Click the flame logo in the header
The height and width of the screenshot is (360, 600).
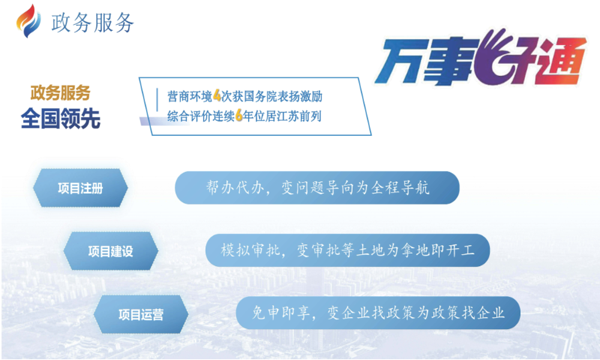pos(28,22)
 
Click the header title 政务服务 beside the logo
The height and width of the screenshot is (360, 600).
pos(92,22)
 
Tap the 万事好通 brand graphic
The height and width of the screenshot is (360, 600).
pos(481,58)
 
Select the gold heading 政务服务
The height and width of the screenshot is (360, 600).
pos(61,93)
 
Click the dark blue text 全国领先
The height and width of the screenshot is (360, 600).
pos(61,118)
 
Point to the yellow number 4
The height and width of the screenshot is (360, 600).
pos(217,96)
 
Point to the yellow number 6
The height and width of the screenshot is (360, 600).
pos(239,115)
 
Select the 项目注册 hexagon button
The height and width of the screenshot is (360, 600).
pos(80,187)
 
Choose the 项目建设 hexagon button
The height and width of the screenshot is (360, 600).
pos(110,251)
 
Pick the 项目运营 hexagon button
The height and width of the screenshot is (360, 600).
pos(141,314)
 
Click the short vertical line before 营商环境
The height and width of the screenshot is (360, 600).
pos(157,100)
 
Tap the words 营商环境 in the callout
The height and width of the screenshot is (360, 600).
pos(190,97)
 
